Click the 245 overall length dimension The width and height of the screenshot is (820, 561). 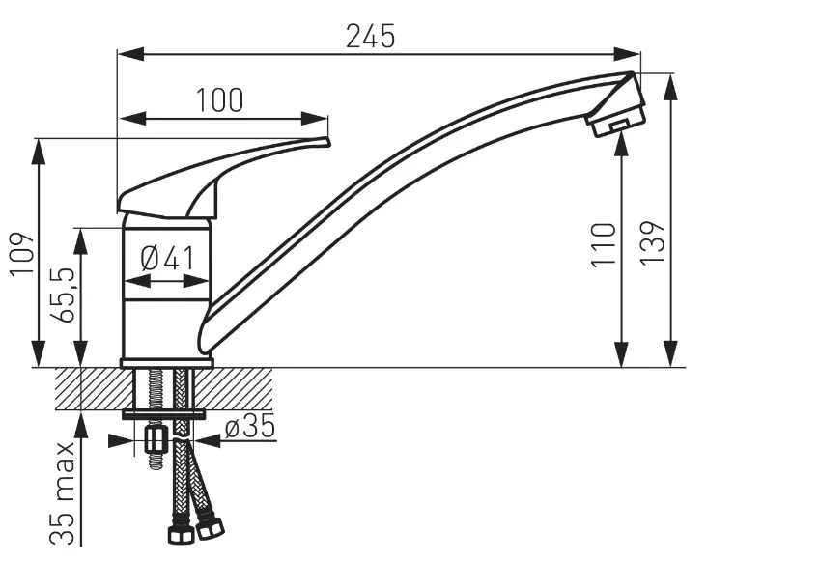[370, 37]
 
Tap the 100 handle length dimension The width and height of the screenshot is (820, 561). [219, 100]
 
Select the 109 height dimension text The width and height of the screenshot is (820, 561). [22, 254]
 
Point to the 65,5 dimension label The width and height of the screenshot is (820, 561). [63, 295]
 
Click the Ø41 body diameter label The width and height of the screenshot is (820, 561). [167, 258]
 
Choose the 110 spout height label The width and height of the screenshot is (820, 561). [604, 245]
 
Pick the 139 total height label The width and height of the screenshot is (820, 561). [653, 243]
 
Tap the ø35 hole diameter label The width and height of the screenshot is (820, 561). [250, 427]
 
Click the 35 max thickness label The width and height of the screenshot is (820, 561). [63, 493]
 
